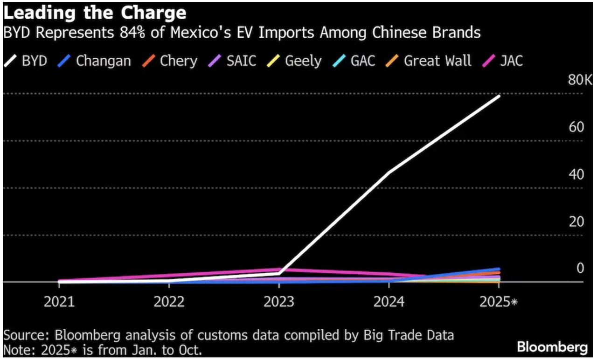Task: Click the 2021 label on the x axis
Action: pos(59,302)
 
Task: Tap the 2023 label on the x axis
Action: pos(279,302)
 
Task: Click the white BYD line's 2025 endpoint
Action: pos(499,96)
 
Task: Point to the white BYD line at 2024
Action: pos(389,172)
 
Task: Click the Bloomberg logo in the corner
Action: pos(552,347)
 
